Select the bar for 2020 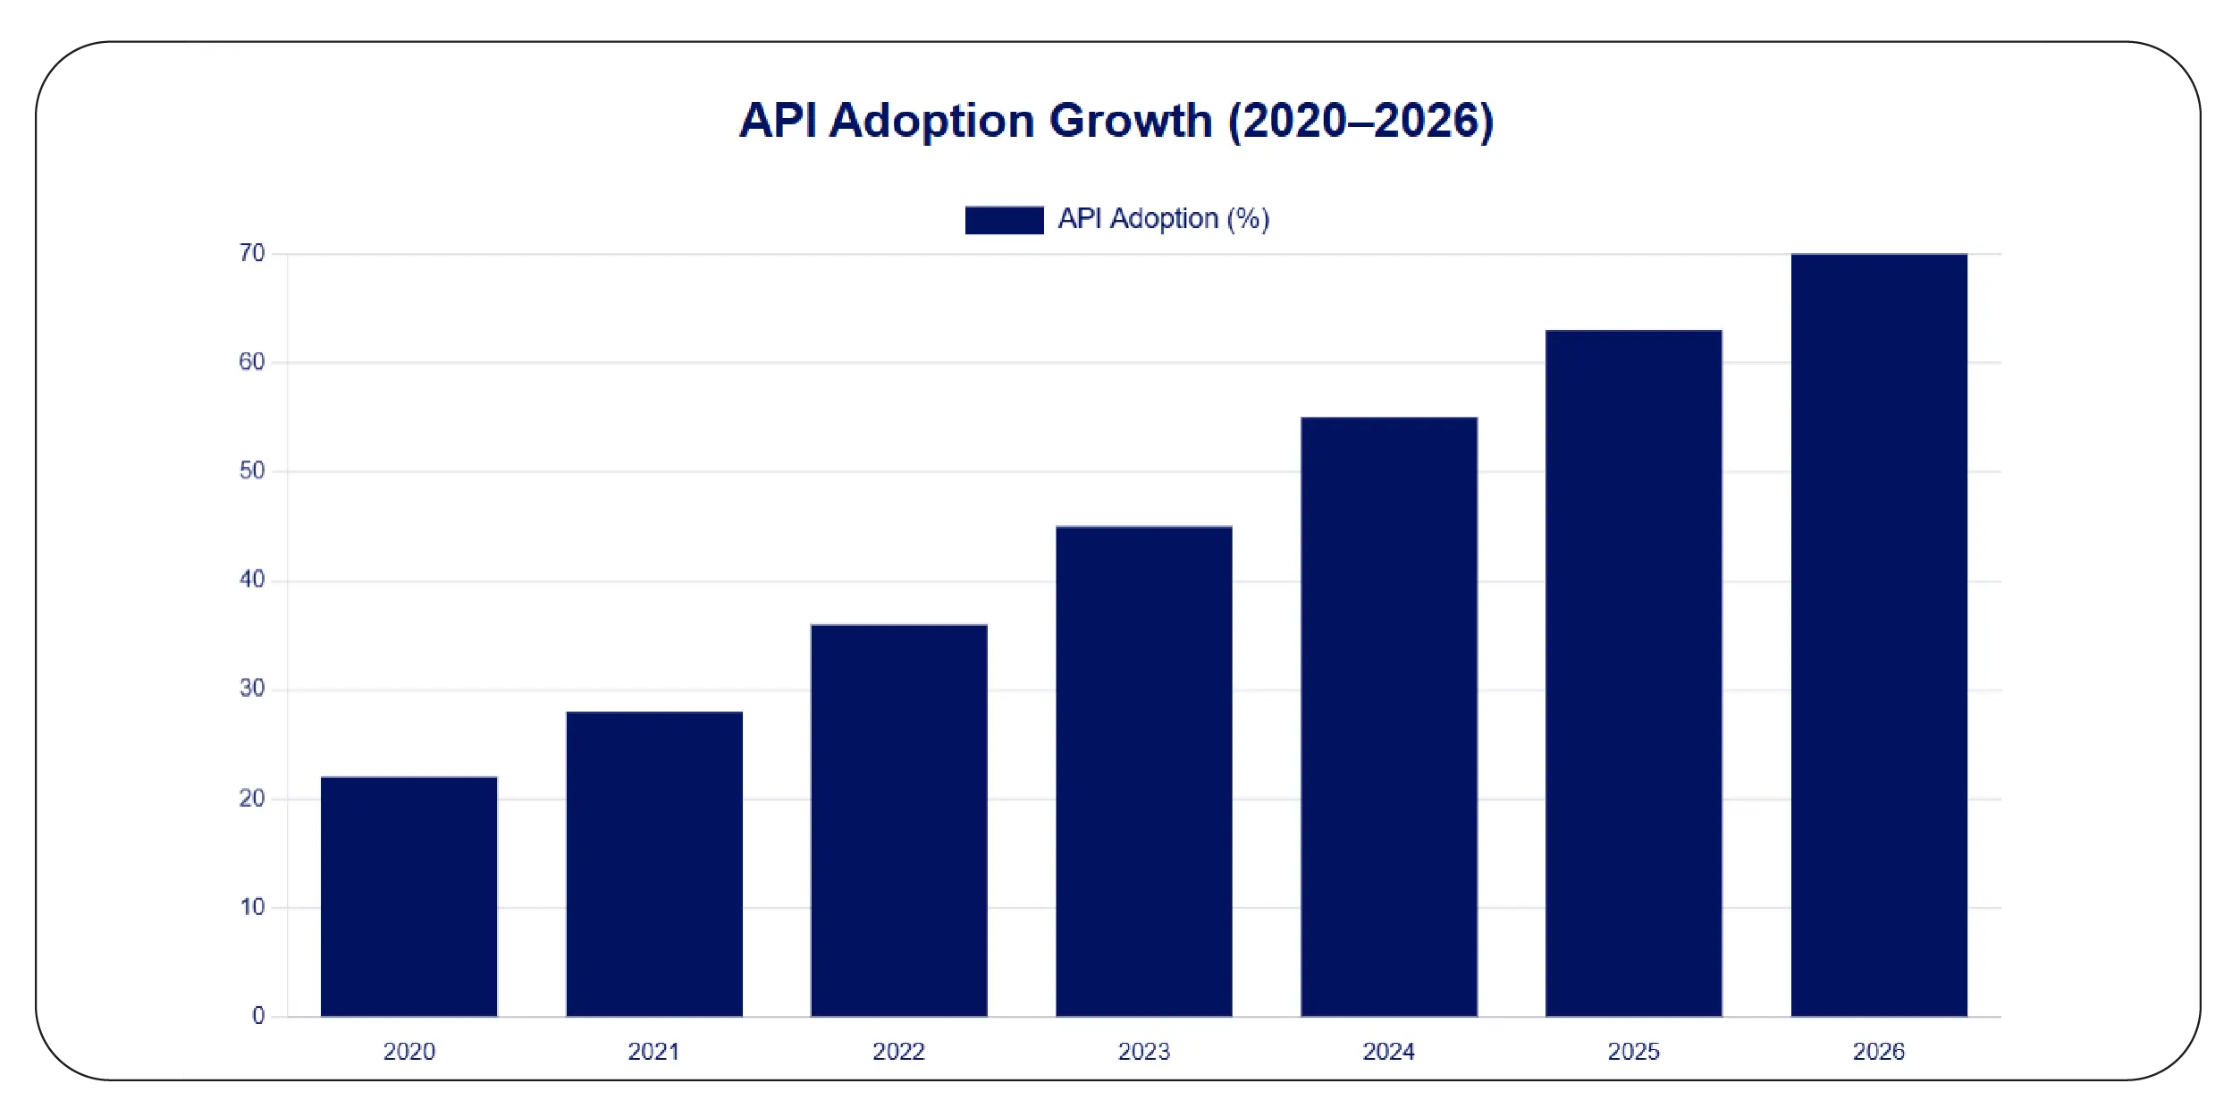408,896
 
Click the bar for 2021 654,864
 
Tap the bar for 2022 898,820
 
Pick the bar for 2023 1143,771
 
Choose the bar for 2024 1388,716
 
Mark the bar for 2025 1633,673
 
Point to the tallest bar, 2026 1878,635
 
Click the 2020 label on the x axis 408,1051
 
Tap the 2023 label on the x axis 1143,1051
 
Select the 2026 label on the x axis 1878,1051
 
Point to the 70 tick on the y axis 252,253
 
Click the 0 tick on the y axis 258,1015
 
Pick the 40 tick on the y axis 252,580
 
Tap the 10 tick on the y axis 252,907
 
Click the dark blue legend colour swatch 1004,220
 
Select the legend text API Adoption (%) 1163,219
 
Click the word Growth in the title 1130,121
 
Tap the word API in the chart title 778,121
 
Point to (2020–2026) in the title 1360,121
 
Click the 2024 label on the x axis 1388,1051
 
